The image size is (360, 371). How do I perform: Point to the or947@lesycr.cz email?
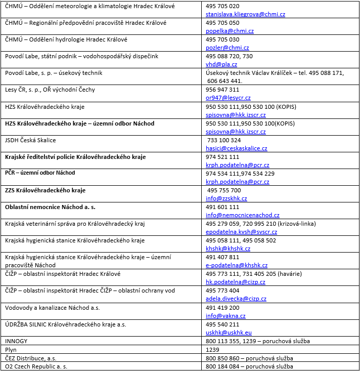tap(228, 98)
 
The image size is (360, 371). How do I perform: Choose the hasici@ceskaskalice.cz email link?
tap(237, 148)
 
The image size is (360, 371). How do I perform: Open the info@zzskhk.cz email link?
tap(227, 198)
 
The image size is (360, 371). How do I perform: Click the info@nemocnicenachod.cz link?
tap(242, 215)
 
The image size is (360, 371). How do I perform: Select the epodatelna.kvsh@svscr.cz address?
tap(241, 232)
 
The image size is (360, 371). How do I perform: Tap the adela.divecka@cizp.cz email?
tap(235, 299)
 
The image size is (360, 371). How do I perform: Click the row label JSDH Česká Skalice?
tap(30, 140)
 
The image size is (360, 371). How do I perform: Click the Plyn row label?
tap(11, 349)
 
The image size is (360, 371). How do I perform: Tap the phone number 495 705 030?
tap(222, 39)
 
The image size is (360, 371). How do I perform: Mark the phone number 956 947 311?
tap(222, 90)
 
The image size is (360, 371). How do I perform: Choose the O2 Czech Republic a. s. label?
tap(36, 366)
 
